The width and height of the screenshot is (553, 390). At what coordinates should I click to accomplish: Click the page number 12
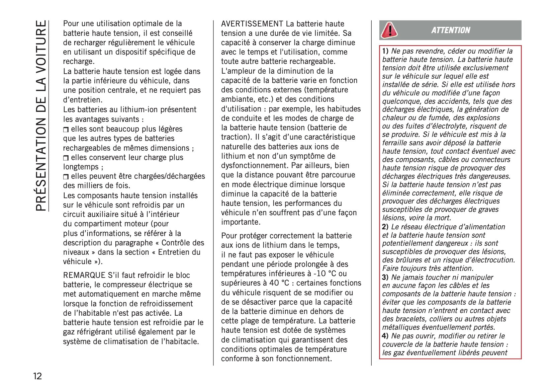tap(37, 376)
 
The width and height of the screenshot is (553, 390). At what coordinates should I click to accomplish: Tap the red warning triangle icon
tap(389, 30)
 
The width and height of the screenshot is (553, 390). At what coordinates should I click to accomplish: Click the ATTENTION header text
tap(450, 30)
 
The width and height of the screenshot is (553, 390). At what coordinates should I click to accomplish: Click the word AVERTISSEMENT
tap(252, 24)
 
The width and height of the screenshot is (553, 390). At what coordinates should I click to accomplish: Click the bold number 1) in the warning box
tap(385, 51)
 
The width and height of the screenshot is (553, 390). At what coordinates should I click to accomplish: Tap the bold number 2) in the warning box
tap(385, 227)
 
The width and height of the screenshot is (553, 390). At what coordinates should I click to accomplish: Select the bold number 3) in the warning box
tap(385, 277)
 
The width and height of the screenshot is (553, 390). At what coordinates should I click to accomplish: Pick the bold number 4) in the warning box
tap(385, 336)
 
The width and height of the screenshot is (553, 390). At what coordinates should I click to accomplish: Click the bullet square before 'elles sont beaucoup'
tap(66, 130)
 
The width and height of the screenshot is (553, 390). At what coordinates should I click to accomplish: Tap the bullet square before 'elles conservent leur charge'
tap(66, 158)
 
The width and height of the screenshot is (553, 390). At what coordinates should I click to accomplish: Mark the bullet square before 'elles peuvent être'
tap(66, 177)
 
